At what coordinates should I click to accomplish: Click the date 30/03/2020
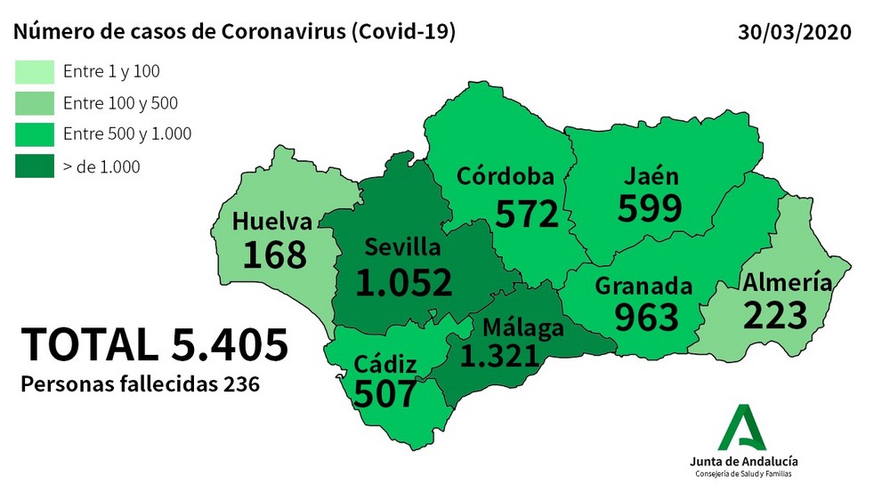pos(795,33)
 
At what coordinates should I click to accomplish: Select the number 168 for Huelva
pos(274,254)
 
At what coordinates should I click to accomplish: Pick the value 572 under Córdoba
pos(527,214)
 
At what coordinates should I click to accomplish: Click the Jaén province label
pos(651,176)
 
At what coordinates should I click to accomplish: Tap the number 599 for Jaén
pos(650,208)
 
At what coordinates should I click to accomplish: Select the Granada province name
pos(643,286)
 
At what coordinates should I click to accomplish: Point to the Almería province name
pos(788,283)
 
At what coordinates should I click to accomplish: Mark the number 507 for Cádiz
pos(385,392)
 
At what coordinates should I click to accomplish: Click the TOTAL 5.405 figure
pos(155,344)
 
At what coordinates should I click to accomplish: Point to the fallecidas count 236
pos(240,385)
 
